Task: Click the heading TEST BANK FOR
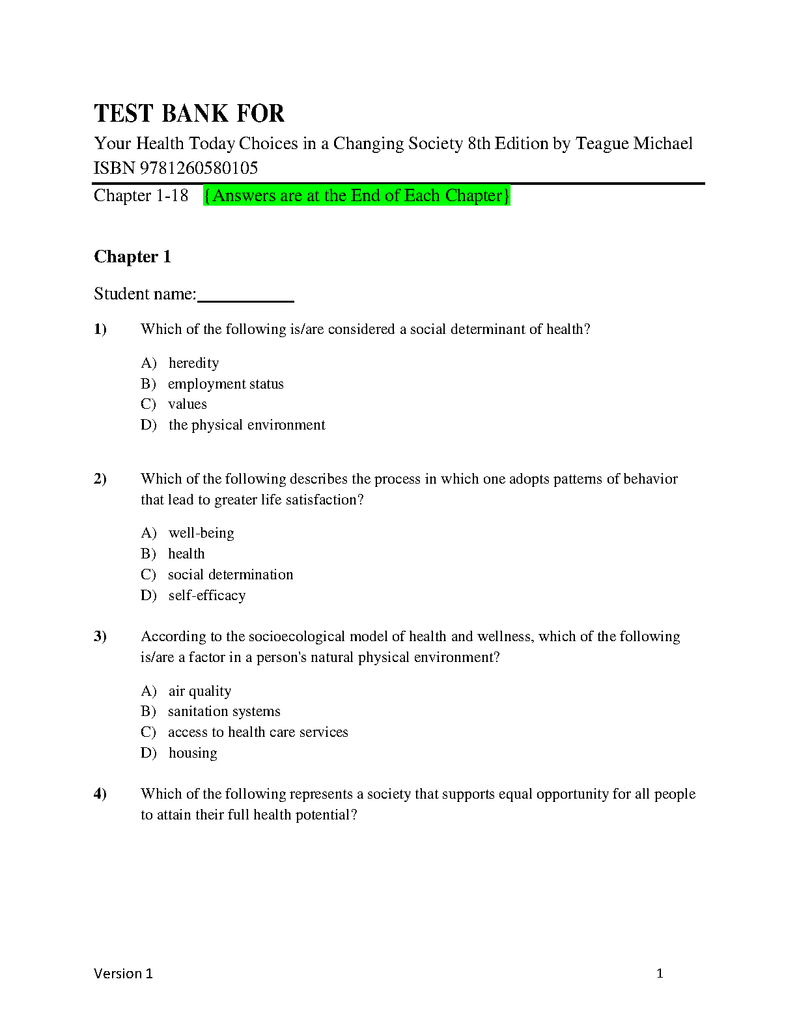(x=189, y=113)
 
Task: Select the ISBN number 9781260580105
(x=199, y=168)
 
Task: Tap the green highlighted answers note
(x=356, y=195)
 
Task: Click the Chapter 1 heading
(x=132, y=256)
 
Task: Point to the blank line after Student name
(x=245, y=296)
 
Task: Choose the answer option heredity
(x=193, y=363)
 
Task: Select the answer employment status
(x=225, y=383)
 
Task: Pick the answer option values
(x=187, y=404)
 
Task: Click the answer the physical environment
(x=247, y=425)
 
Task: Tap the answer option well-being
(x=201, y=533)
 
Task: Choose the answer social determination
(x=231, y=575)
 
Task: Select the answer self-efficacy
(x=206, y=596)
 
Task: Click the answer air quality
(x=199, y=691)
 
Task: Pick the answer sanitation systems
(x=224, y=711)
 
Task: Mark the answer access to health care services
(x=258, y=732)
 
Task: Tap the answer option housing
(x=193, y=753)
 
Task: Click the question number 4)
(x=100, y=794)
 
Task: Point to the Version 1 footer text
(x=123, y=974)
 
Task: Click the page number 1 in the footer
(x=660, y=974)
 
